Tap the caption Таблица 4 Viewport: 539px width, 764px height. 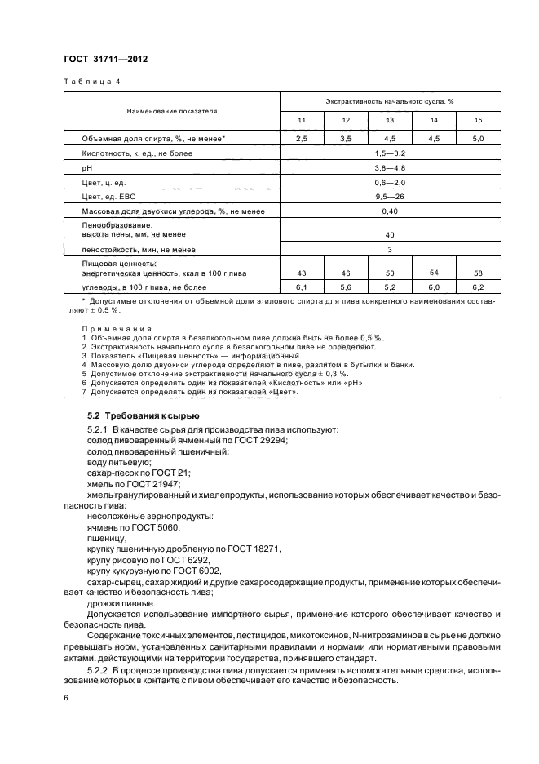(91, 82)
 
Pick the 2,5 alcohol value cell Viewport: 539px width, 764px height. (302, 139)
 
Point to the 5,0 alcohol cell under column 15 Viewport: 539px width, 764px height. (478, 139)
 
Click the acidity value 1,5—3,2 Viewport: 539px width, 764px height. (390, 153)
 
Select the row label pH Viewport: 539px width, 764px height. (87, 168)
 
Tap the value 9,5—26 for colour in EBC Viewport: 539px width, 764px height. (390, 197)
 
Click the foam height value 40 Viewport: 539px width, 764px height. (390, 234)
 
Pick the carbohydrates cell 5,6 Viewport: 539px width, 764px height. (346, 286)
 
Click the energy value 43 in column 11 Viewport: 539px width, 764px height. (302, 271)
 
